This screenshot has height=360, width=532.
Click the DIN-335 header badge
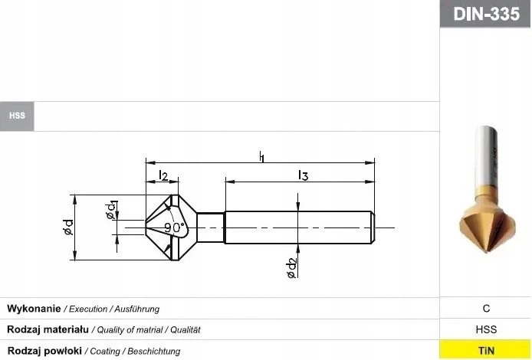pos(486,14)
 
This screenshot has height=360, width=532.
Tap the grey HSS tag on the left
pos(17,116)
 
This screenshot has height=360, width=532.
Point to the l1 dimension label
pos(261,156)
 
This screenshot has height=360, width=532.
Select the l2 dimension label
pos(163,175)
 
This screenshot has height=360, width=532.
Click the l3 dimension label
pos(303,175)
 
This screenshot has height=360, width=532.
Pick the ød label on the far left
pos(68,227)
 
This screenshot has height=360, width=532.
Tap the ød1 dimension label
pos(111,211)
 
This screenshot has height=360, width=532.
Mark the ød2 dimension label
pos(292,268)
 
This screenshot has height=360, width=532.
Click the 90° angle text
pos(175,227)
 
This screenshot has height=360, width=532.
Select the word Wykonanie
pos(34,309)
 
